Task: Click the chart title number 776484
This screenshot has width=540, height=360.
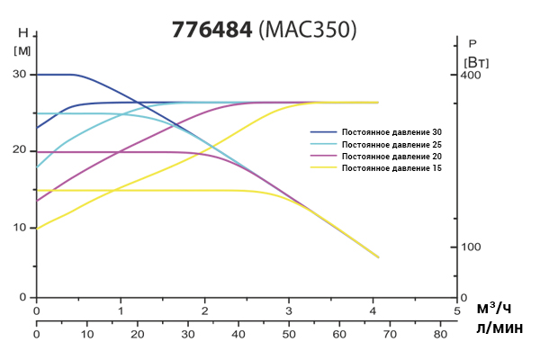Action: (211, 29)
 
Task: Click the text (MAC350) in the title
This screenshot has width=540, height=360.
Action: (307, 29)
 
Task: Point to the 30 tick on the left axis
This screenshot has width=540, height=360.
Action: (20, 75)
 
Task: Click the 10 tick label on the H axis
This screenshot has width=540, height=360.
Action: (20, 227)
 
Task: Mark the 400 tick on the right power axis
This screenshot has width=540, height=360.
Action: (472, 75)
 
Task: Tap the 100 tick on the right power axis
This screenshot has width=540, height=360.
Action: (472, 247)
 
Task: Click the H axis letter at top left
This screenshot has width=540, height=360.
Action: (22, 32)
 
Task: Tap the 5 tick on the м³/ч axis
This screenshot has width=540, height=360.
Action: (457, 311)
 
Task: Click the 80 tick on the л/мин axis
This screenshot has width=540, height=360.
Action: (440, 334)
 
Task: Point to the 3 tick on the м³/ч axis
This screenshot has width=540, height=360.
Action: (289, 311)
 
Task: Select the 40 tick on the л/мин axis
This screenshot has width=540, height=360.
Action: (238, 334)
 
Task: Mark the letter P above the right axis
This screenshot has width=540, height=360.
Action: (472, 43)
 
